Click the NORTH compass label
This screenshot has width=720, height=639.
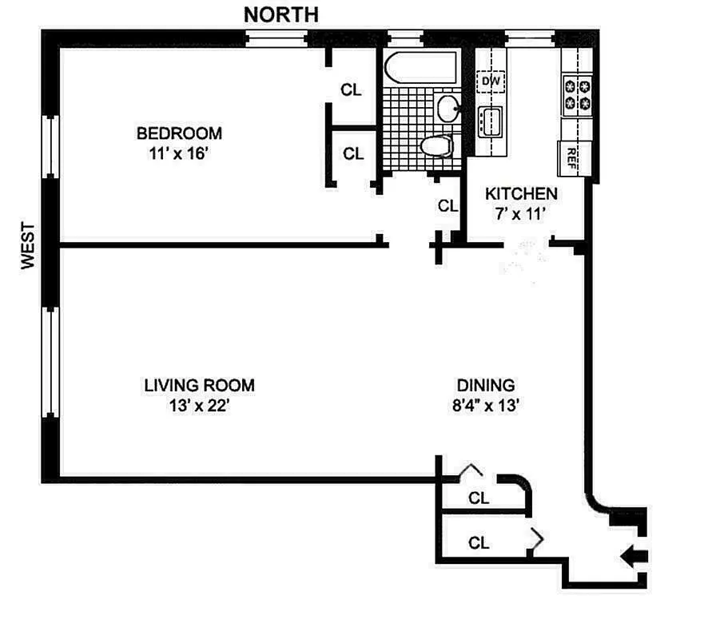(x=280, y=14)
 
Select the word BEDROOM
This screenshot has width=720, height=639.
(x=179, y=133)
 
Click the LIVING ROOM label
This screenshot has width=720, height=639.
(x=199, y=385)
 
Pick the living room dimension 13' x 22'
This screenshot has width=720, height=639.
(x=199, y=406)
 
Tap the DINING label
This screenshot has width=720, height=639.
(x=486, y=385)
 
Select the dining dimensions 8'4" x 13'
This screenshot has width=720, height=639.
(x=486, y=406)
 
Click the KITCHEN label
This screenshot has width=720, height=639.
(x=521, y=193)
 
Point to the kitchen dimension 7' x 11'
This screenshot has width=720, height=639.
(x=521, y=214)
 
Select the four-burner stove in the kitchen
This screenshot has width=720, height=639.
(x=578, y=93)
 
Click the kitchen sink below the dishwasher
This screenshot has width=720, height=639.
(x=489, y=122)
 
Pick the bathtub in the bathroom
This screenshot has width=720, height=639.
(x=419, y=68)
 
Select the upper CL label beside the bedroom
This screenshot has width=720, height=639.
(x=352, y=90)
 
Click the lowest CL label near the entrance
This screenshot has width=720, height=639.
(x=479, y=544)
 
